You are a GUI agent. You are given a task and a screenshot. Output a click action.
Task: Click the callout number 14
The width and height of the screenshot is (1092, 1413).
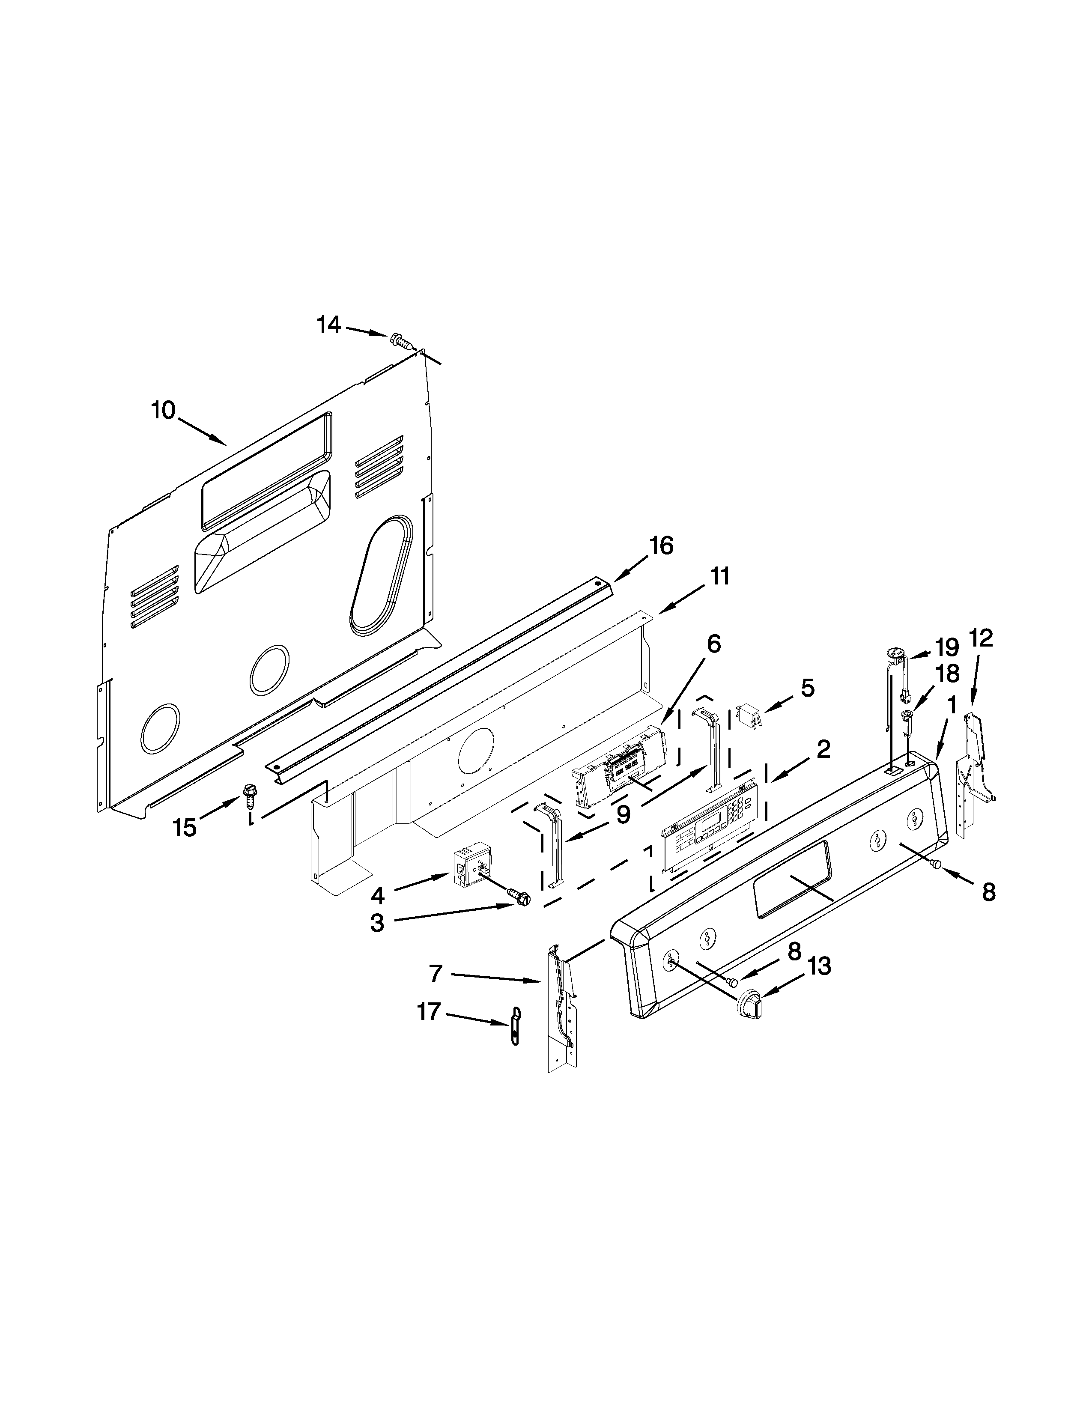328,325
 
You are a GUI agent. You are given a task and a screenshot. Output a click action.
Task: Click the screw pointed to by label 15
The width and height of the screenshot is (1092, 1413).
250,795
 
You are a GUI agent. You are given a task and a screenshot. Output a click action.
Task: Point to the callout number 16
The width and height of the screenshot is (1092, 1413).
660,546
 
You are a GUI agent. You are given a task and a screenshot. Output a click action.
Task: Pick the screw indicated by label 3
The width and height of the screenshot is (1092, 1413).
519,897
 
